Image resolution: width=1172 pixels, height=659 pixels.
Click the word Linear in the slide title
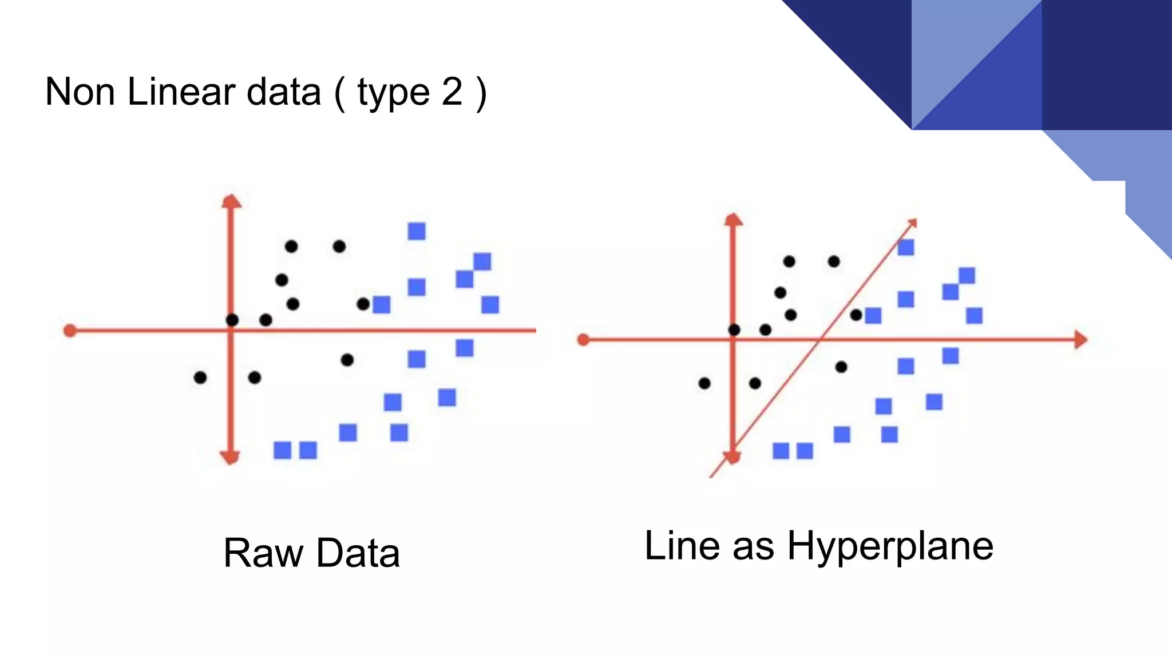point(180,92)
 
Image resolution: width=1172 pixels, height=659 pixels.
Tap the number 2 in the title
point(452,92)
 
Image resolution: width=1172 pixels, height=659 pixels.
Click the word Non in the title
point(80,92)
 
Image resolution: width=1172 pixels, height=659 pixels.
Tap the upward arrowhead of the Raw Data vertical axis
point(231,201)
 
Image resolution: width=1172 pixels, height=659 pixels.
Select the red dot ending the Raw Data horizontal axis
point(70,331)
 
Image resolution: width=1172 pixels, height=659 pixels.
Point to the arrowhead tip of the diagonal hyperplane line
point(913,221)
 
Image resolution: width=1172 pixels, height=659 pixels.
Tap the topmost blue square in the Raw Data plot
point(417,231)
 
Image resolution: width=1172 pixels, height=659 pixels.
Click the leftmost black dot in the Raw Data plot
point(200,378)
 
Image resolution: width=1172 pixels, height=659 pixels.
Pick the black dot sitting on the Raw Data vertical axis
point(232,320)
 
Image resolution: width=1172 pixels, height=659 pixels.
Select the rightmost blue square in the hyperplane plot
point(974,315)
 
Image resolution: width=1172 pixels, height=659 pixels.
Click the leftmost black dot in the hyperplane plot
point(704,383)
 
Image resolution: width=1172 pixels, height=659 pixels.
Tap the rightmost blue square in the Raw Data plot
point(490,304)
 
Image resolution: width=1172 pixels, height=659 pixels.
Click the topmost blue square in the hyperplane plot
point(905,247)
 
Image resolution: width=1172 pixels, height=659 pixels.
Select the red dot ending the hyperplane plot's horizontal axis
point(583,340)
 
